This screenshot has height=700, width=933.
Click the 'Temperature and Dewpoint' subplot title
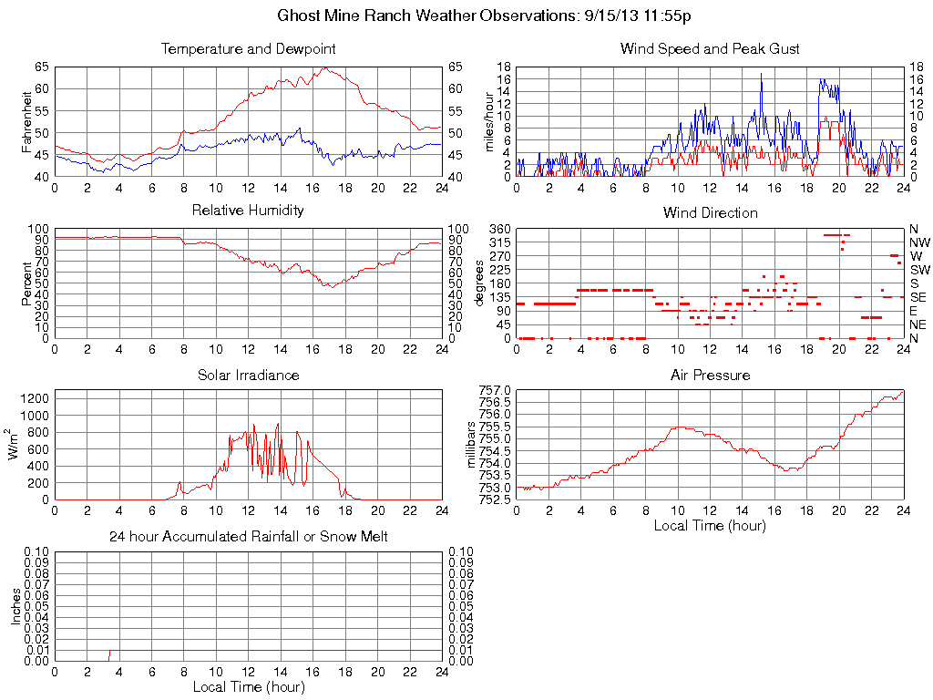pos(248,49)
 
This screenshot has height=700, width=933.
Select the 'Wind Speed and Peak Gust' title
pos(710,49)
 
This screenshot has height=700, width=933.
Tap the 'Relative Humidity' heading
pos(248,211)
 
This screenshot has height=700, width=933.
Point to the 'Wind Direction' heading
pos(710,213)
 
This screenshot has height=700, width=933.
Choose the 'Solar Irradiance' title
pos(248,376)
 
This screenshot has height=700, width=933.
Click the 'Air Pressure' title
pos(710,376)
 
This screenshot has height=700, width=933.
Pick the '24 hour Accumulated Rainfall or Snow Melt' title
pos(248,537)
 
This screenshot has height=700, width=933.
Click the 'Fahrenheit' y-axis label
pos(27,121)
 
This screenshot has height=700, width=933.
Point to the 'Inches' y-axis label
pos(15,605)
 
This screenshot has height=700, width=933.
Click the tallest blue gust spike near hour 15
pos(761,75)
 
